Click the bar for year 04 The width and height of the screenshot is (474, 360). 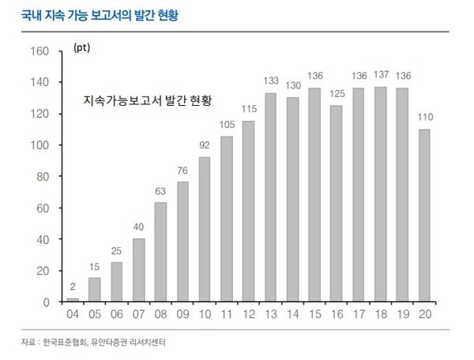pos(73,300)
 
